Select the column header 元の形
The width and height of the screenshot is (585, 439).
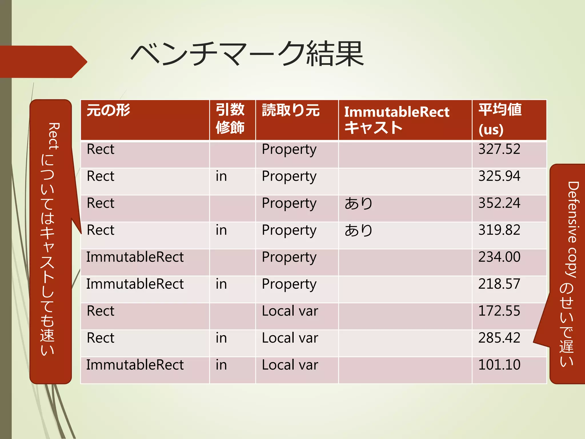click(x=108, y=110)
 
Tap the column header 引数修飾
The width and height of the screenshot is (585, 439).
click(x=230, y=119)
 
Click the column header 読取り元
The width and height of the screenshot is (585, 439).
click(x=291, y=110)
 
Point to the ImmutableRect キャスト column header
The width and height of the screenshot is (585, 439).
click(x=396, y=119)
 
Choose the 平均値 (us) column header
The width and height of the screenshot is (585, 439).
click(x=500, y=119)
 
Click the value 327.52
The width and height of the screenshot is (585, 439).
click(x=499, y=149)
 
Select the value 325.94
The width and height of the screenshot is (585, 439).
click(x=499, y=176)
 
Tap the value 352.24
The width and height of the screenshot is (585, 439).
click(x=499, y=203)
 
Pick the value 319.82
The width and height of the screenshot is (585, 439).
click(x=499, y=230)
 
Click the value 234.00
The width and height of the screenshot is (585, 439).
click(x=499, y=257)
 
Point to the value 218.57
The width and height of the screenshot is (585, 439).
click(x=499, y=284)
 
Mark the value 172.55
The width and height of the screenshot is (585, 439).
click(x=499, y=311)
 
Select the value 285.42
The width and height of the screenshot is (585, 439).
click(x=499, y=338)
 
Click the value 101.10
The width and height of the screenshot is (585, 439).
click(x=499, y=365)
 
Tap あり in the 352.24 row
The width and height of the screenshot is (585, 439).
click(x=358, y=203)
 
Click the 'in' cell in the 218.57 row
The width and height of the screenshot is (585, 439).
click(x=221, y=284)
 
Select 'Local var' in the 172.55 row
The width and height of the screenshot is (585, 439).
click(x=290, y=311)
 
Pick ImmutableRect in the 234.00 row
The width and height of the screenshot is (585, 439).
click(x=135, y=257)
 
